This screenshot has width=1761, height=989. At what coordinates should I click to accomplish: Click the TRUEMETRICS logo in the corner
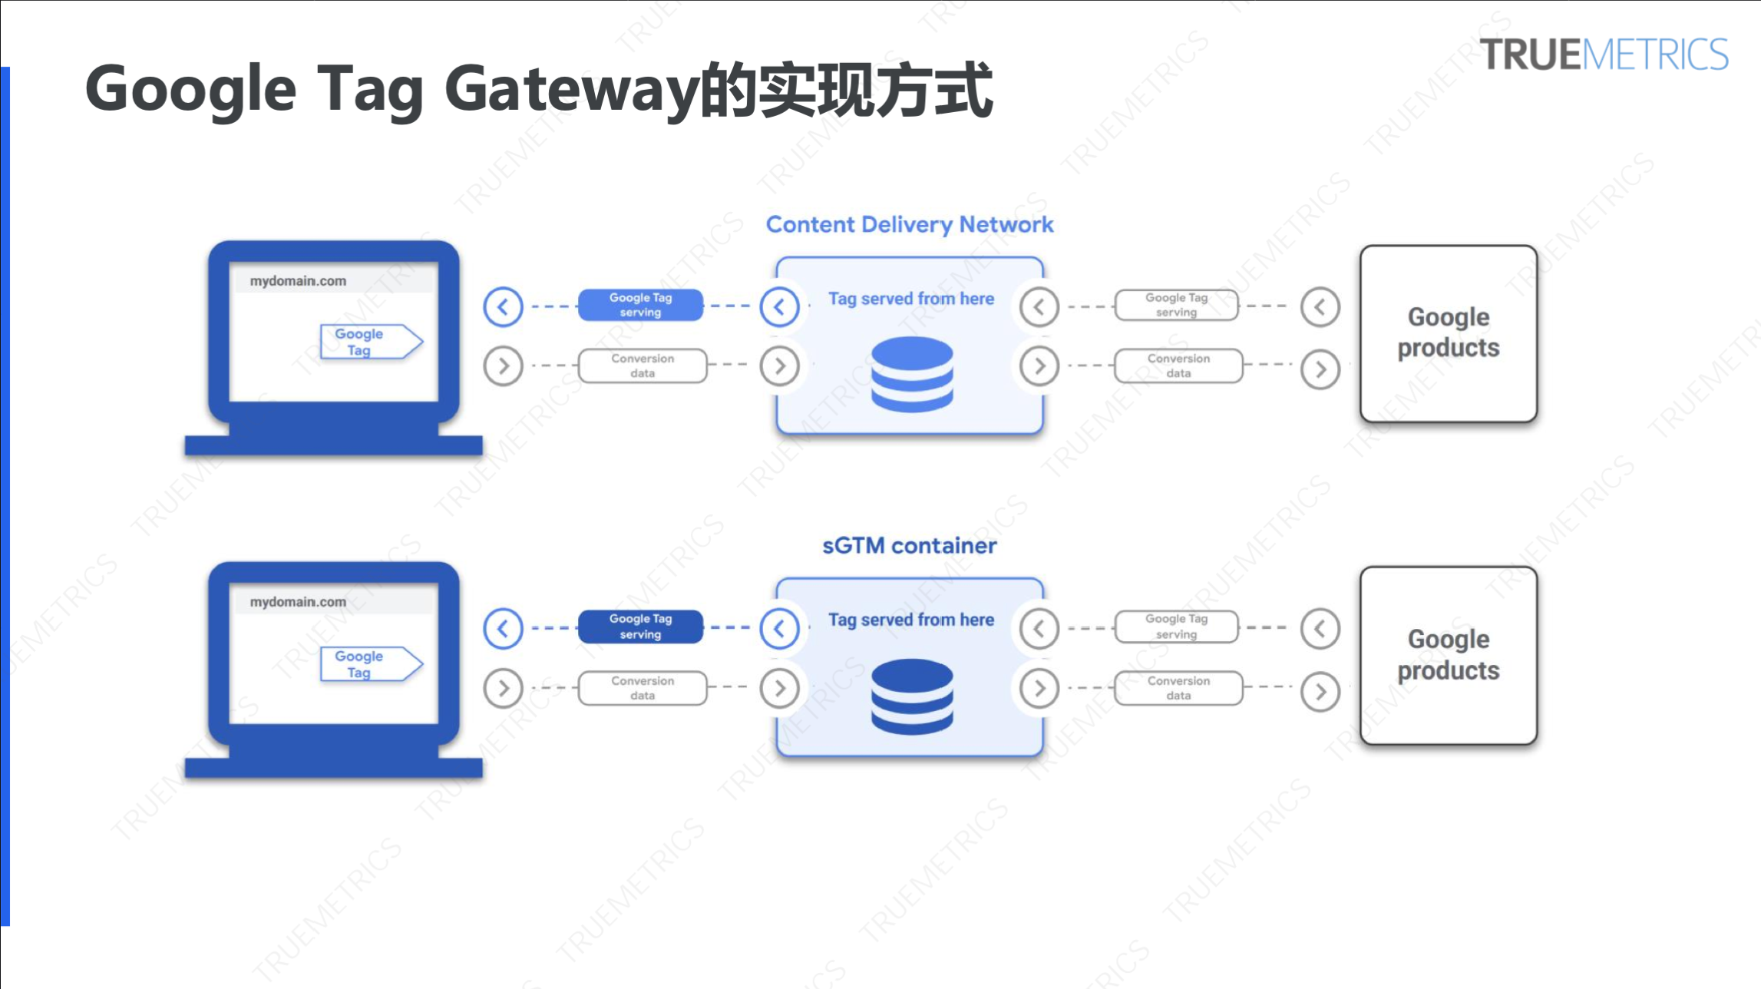click(1604, 55)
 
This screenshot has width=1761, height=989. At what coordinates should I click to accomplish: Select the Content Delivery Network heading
click(910, 224)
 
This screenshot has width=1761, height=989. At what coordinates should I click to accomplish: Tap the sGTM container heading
click(910, 546)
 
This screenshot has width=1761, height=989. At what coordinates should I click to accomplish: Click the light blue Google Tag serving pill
click(640, 305)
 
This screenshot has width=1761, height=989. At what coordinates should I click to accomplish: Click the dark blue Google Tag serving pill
click(640, 627)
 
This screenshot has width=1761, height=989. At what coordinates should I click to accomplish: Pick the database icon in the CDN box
click(912, 375)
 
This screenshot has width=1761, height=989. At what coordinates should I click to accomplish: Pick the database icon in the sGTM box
click(912, 696)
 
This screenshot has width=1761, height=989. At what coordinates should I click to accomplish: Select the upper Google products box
click(1448, 333)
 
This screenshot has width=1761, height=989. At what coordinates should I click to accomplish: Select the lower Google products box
click(1448, 655)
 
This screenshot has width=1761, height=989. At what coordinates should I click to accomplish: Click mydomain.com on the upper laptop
click(298, 281)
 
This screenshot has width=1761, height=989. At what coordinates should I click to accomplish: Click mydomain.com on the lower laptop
click(298, 602)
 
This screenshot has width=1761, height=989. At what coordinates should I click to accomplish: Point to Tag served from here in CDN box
click(910, 299)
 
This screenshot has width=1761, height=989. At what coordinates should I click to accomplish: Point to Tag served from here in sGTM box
click(910, 620)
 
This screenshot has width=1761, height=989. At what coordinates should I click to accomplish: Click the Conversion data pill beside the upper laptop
click(643, 365)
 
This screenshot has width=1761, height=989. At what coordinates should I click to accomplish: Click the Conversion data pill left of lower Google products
click(1178, 688)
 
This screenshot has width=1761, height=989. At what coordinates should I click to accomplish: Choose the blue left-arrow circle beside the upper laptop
click(503, 307)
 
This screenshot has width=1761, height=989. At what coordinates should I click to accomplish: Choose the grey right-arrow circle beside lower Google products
click(1320, 692)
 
